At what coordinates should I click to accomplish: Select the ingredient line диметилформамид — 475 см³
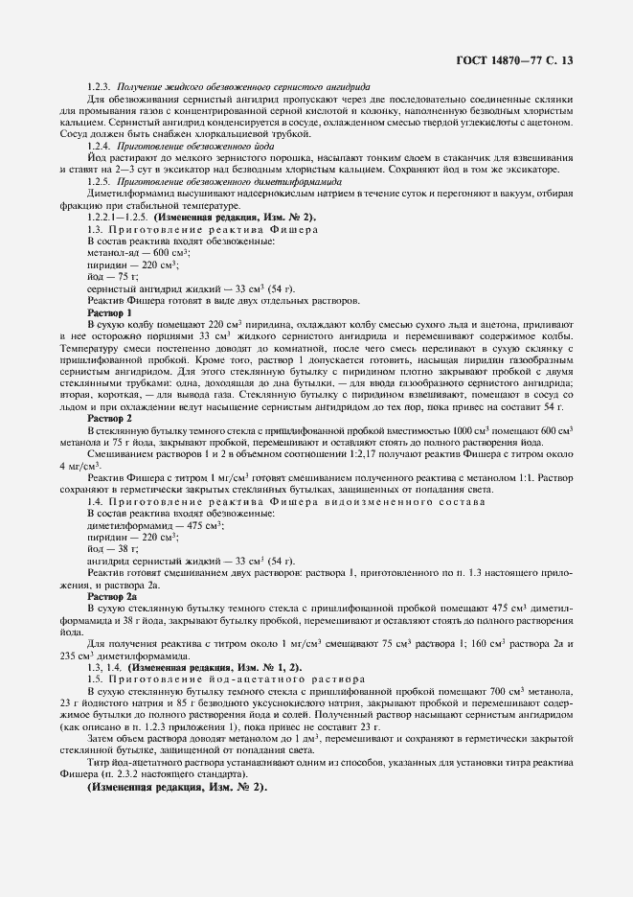(155, 525)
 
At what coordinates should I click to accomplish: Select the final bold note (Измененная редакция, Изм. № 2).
(178, 789)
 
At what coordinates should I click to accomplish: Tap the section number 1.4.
(95, 501)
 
